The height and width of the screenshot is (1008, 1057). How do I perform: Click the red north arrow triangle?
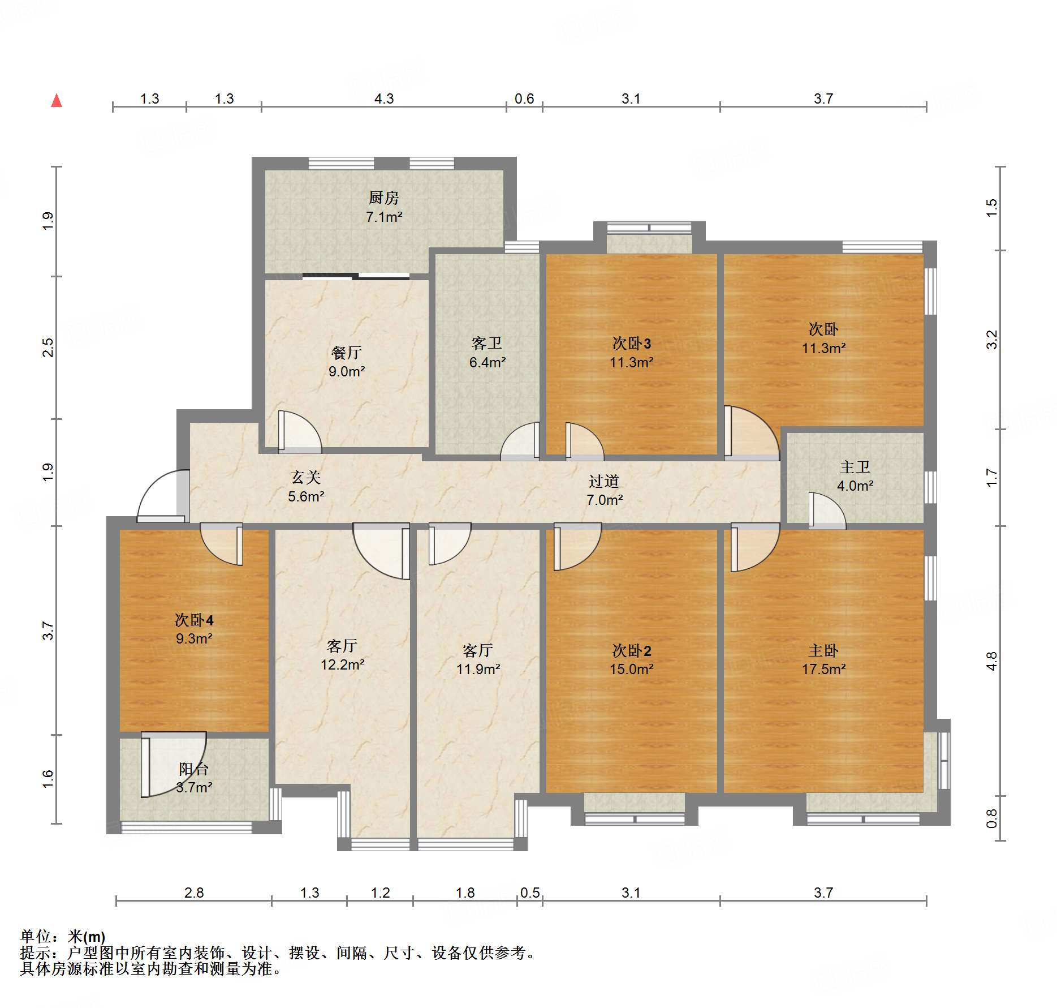tap(57, 101)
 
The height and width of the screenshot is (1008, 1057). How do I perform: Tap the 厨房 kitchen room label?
tap(383, 198)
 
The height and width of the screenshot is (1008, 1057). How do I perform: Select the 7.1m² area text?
tap(384, 217)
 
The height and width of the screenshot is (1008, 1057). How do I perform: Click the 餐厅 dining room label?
tap(346, 353)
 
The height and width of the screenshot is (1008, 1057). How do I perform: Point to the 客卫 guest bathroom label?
tap(487, 343)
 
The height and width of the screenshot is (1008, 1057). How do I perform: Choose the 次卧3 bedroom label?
tap(632, 343)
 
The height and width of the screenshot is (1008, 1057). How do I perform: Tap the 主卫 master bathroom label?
tap(855, 467)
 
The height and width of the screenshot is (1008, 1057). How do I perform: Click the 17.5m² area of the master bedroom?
tap(823, 669)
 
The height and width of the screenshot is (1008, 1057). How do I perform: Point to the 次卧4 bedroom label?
tap(194, 620)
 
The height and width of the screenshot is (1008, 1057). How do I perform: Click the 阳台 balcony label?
tap(194, 769)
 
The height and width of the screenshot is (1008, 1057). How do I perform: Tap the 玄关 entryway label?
tap(306, 478)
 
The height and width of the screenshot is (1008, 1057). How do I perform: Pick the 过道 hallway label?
tap(604, 481)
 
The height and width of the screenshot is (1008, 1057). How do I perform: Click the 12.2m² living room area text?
tap(343, 664)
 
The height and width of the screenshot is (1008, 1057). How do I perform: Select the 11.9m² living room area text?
tap(478, 669)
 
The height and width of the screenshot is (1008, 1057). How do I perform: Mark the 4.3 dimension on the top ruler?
tap(384, 98)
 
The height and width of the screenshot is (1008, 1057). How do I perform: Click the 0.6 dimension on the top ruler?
tap(524, 98)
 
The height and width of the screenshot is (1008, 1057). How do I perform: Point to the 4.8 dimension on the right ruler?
tap(991, 661)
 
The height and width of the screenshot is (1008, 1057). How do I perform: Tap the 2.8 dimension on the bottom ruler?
tap(194, 893)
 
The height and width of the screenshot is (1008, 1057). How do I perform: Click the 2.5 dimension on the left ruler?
tap(49, 347)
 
